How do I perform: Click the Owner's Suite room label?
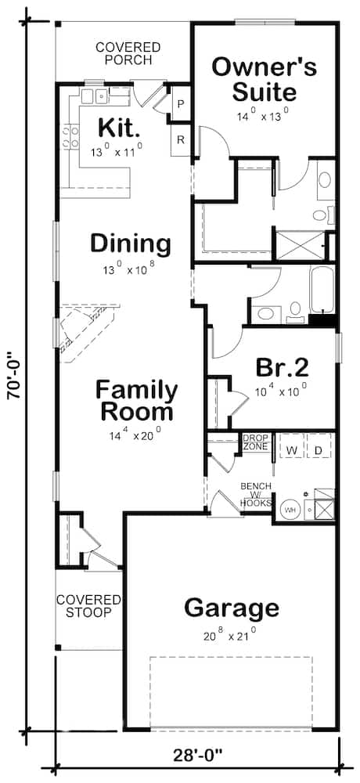[265, 79]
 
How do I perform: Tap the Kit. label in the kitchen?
[119, 127]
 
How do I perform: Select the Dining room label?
[130, 244]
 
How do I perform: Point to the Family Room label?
[136, 400]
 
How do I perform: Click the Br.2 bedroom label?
[283, 367]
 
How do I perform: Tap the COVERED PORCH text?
[128, 54]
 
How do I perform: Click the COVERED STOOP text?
[88, 605]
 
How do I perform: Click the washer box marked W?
[291, 450]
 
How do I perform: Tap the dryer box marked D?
[318, 450]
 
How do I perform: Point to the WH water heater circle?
[289, 509]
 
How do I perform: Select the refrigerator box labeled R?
[180, 140]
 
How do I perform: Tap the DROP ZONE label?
[255, 442]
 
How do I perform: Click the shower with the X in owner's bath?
[300, 244]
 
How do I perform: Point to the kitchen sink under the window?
[96, 96]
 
